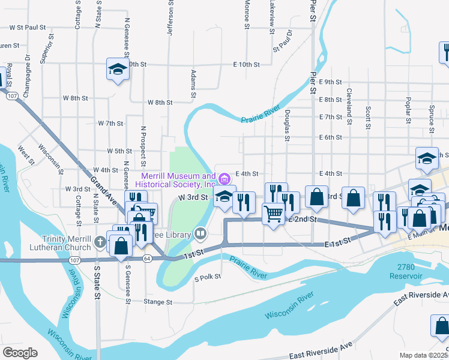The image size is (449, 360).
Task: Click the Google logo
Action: (19, 353)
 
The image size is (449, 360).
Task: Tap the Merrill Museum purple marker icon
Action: (224, 178)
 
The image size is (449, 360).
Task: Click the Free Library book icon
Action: (200, 233)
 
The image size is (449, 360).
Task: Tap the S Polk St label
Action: (208, 277)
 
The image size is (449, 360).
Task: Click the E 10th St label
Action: (246, 64)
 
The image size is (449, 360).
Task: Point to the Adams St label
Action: (193, 84)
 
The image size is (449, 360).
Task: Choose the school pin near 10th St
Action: (118, 69)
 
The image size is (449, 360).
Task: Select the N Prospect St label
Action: (143, 146)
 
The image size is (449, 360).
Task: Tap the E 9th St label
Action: (330, 82)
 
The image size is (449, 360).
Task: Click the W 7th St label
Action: (110, 123)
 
